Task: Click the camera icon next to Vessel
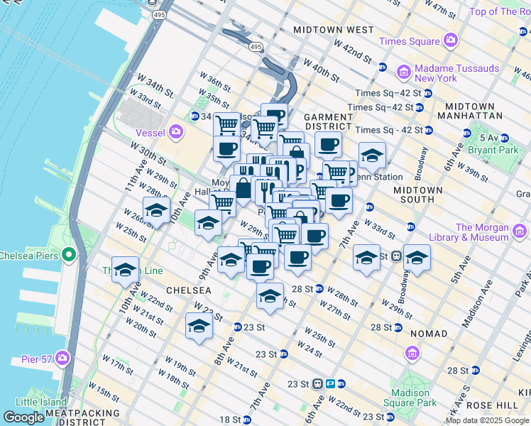[x=176, y=131]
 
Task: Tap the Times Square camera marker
[x=449, y=41]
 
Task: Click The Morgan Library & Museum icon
[x=519, y=231]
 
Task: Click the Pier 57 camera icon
[x=62, y=359]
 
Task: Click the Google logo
[x=24, y=417]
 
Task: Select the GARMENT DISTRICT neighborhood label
[x=328, y=122]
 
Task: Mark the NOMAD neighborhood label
[x=428, y=333]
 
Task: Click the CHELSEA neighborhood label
[x=188, y=290]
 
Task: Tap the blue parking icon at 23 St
[x=331, y=383]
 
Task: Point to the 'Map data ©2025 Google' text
[x=487, y=420]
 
